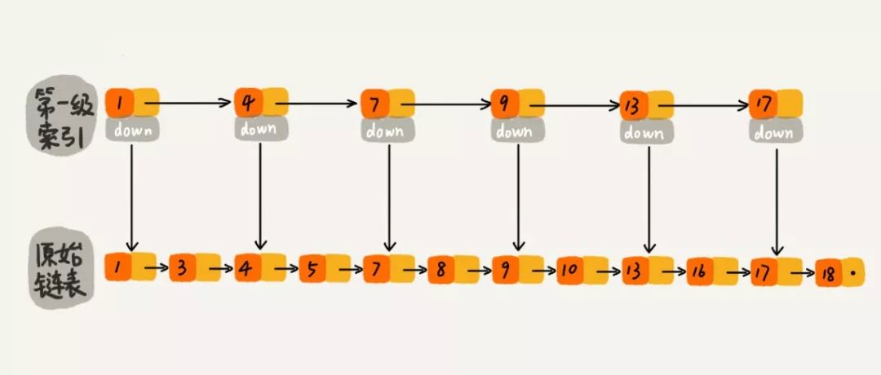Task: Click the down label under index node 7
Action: pos(387,130)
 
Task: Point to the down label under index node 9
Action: pos(516,130)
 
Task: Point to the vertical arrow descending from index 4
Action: pos(259,196)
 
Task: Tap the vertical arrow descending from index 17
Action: pos(777,200)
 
